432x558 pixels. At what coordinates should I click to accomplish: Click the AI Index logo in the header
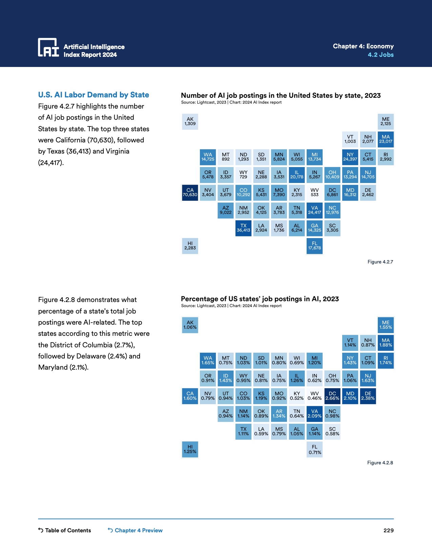(x=48, y=47)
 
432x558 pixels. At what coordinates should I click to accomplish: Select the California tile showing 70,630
(x=190, y=192)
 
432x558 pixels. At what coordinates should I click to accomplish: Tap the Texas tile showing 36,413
(x=243, y=228)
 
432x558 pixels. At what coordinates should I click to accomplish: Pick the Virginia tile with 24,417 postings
(x=314, y=210)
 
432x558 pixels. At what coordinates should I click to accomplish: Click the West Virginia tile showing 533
(x=314, y=192)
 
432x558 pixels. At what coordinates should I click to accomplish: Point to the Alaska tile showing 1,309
(x=190, y=121)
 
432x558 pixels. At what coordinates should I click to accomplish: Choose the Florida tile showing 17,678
(x=314, y=246)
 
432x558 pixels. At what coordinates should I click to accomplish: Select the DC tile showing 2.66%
(x=332, y=396)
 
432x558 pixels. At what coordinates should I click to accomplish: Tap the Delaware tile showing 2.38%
(x=368, y=396)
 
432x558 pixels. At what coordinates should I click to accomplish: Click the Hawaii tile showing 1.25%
(x=190, y=449)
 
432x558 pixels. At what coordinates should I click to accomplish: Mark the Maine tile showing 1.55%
(x=386, y=325)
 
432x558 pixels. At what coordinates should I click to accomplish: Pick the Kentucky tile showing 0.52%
(x=297, y=396)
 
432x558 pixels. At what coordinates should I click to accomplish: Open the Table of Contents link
(x=65, y=530)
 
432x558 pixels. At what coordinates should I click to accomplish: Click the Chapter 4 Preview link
(x=135, y=530)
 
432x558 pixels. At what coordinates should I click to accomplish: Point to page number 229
(x=388, y=530)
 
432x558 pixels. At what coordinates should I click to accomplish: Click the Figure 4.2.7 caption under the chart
(x=380, y=262)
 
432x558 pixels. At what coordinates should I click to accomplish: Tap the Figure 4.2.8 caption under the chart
(x=380, y=463)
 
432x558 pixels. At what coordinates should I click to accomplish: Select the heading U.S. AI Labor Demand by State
(x=94, y=95)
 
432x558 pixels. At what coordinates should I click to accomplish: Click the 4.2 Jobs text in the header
(x=380, y=55)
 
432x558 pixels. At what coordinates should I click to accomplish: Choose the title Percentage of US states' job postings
(x=260, y=299)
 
